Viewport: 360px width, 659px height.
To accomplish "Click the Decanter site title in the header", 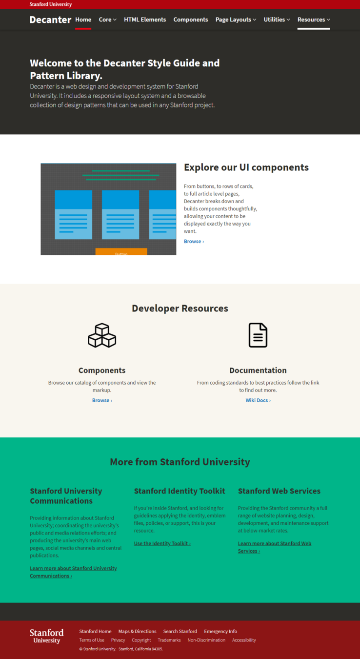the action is (50, 20).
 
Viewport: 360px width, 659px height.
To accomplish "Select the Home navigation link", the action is (83, 20).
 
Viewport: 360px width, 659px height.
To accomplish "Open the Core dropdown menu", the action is (107, 20).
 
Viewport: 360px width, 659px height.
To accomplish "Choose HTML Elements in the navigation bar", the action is (145, 20).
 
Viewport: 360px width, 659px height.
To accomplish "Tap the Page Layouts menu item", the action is (236, 20).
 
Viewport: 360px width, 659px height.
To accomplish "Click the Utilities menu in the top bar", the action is (277, 20).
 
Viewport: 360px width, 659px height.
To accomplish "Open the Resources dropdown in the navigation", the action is (314, 20).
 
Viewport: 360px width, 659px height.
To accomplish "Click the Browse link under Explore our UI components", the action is (194, 242).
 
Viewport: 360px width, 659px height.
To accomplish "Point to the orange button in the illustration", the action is (121, 252).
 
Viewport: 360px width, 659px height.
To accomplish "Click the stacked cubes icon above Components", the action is (102, 335).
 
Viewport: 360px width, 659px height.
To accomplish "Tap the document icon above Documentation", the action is (258, 335).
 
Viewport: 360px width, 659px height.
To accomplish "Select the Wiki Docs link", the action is (258, 400).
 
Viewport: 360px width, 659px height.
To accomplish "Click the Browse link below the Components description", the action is (102, 400).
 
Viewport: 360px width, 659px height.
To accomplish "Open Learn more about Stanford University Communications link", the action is (73, 572).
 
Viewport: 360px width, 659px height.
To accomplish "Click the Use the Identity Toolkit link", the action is (162, 543).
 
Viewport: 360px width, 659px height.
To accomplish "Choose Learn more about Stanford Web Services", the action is (274, 547).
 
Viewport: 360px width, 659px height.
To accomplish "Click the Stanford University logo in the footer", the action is (47, 636).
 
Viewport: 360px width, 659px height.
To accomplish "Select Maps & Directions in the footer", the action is (137, 631).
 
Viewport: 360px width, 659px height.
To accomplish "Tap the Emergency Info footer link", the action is (220, 631).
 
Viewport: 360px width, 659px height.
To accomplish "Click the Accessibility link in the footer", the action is (244, 640).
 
